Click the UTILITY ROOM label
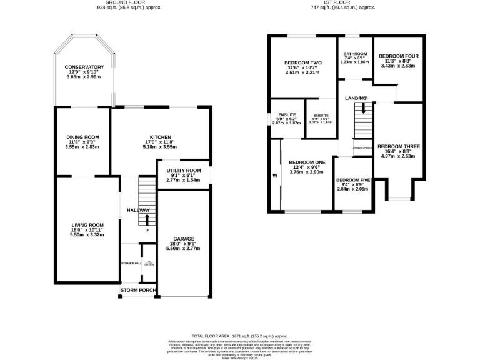(x=183, y=171)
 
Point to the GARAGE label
(x=183, y=238)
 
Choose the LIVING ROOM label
(x=87, y=224)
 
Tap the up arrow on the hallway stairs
(x=147, y=219)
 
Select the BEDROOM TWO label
(x=302, y=63)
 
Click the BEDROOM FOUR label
(x=398, y=56)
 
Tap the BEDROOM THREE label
(x=398, y=146)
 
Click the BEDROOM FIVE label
(x=352, y=180)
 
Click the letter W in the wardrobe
(x=274, y=175)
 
